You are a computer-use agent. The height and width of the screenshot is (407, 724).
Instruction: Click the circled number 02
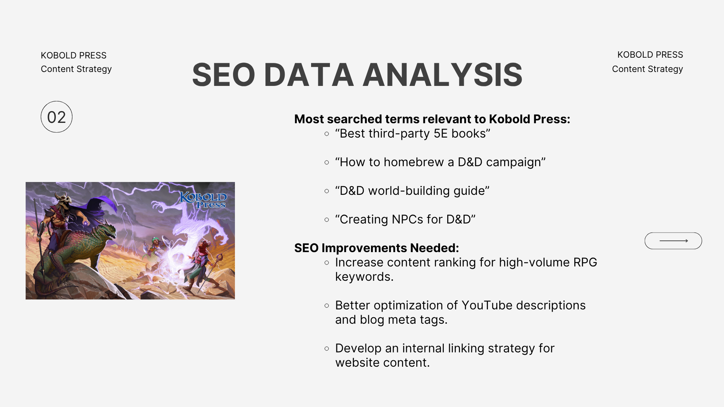pos(57,117)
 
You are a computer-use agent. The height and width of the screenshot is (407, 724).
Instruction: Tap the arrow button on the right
pos(673,241)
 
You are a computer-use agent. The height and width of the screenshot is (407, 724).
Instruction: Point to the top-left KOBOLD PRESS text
pos(74,55)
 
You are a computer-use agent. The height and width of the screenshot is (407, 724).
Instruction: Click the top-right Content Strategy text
pos(647,69)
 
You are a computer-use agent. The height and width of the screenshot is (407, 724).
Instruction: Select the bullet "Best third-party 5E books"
pos(413,133)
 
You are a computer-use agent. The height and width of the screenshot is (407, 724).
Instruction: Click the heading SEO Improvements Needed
pos(377,248)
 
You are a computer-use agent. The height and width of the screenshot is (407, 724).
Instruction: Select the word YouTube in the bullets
pos(487,305)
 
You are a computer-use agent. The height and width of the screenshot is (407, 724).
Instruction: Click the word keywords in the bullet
pos(364,277)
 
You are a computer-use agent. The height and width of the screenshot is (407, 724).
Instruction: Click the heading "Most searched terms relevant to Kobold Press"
pos(432,119)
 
